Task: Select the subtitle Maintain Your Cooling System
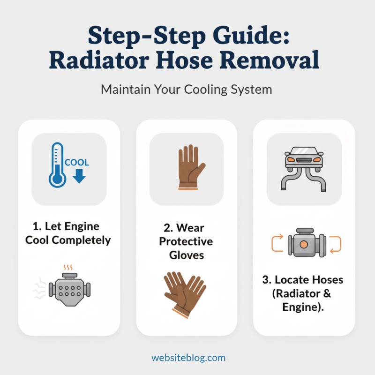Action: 187,89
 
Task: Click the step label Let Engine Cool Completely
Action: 69,233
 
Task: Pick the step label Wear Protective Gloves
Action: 186,241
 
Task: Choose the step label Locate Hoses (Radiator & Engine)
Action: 303,293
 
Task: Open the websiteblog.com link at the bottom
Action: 188,358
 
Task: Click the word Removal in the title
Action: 276,60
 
